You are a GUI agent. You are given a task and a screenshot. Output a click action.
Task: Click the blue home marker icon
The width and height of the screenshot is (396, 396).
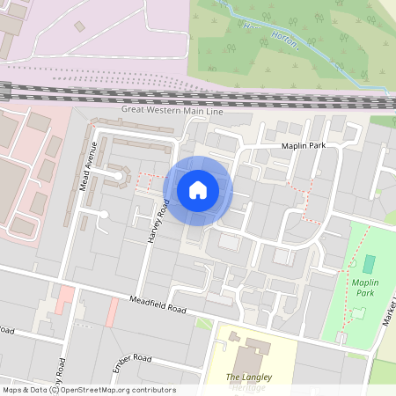[198, 190]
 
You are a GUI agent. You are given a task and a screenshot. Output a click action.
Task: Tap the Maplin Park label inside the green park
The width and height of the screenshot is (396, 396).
[377, 287]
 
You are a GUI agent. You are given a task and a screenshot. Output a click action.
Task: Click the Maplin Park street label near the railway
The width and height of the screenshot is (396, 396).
[304, 146]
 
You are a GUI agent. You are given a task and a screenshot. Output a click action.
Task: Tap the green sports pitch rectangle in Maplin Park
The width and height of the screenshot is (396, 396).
[368, 263]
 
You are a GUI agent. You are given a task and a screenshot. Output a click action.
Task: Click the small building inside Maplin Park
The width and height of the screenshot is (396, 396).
[358, 313]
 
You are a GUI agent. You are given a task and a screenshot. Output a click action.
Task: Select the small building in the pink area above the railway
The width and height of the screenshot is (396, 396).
[80, 26]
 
